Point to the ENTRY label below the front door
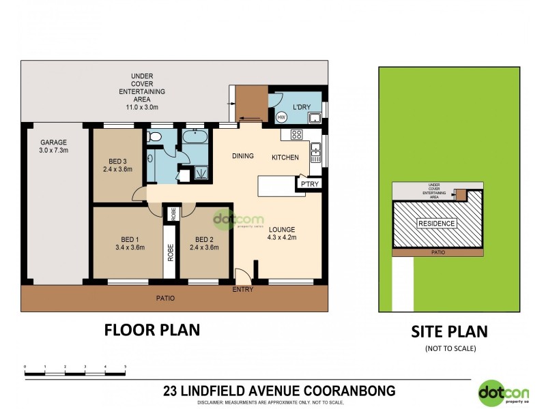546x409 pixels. click(243, 290)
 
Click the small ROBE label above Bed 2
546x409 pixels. click(173, 214)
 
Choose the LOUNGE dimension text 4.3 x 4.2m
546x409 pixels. click(281, 238)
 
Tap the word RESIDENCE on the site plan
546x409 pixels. click(437, 224)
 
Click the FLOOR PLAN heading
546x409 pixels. click(152, 330)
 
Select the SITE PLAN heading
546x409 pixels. click(448, 332)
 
